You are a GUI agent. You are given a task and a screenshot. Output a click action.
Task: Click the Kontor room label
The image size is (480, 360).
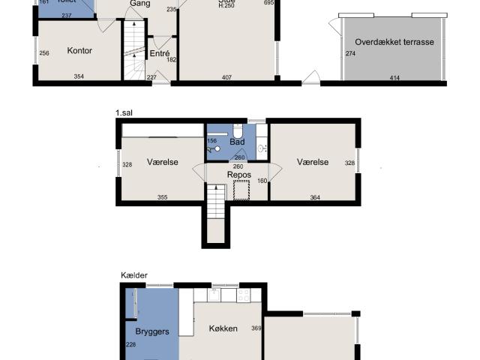[79, 51]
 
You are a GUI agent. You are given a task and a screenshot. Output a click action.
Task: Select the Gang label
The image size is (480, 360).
[138, 4]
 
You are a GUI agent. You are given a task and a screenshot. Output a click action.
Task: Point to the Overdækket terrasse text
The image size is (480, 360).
[394, 43]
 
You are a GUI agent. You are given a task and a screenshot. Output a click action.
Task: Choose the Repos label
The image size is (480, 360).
[238, 175]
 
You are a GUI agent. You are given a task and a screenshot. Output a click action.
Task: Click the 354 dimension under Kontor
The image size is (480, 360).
[79, 76]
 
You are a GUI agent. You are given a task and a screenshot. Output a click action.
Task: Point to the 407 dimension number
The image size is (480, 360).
[226, 76]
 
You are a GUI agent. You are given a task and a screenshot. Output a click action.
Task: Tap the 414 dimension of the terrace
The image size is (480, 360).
[394, 76]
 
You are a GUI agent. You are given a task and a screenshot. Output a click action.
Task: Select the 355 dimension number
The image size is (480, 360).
[163, 198]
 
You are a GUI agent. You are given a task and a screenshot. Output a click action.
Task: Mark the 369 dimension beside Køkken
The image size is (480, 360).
[256, 328]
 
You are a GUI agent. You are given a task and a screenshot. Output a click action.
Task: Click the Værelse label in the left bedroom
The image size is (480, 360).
[162, 162]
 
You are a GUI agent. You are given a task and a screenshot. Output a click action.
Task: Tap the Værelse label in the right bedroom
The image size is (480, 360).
[312, 162]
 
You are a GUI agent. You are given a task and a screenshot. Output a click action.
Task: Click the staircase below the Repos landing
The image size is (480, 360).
[216, 203]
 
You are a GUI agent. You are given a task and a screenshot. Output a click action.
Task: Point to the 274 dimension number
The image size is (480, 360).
[350, 53]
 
